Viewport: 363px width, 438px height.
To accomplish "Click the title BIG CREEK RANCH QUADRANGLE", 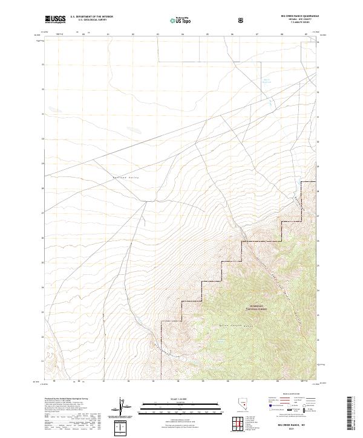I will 294,16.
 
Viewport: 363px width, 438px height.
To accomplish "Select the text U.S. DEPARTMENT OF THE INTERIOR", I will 91,17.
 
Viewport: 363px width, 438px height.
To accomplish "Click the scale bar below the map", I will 181,407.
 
